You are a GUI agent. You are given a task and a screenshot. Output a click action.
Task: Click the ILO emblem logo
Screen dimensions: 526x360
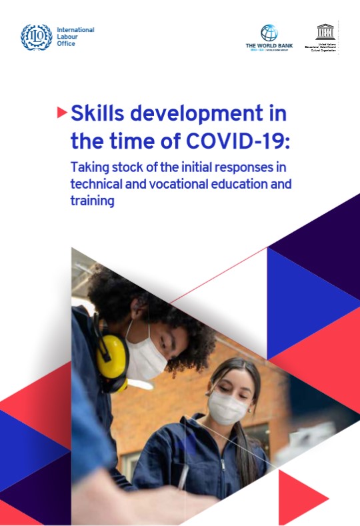click(x=36, y=37)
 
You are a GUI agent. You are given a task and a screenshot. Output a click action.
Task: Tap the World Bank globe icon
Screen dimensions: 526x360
click(x=269, y=33)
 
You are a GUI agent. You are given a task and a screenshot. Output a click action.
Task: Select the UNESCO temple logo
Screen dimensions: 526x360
click(x=325, y=31)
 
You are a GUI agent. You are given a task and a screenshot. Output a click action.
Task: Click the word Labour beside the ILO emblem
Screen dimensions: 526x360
click(x=67, y=37)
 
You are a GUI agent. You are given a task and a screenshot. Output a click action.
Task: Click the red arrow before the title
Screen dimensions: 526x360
click(x=62, y=113)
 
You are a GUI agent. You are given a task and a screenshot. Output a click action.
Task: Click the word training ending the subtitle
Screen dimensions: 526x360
click(x=93, y=201)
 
